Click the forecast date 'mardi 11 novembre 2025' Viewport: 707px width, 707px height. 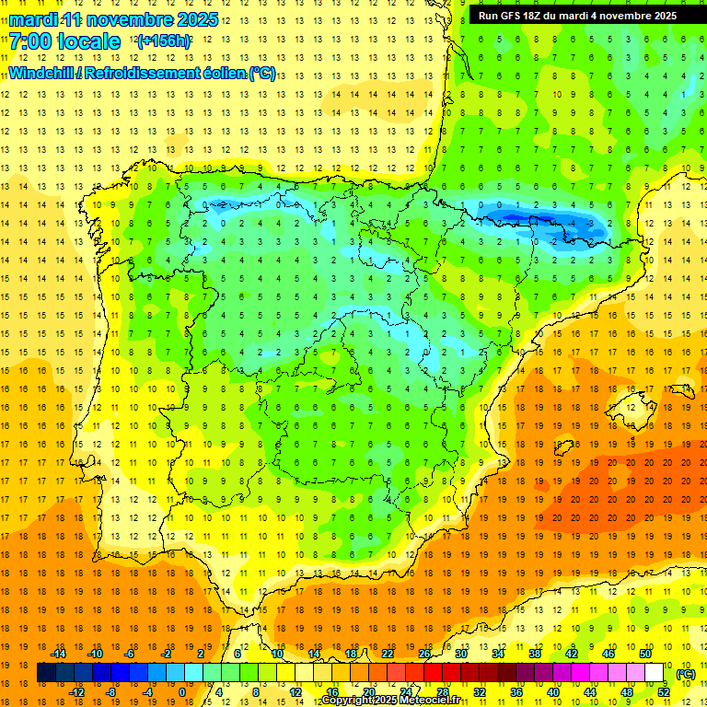114,19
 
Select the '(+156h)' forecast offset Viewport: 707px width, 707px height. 164,41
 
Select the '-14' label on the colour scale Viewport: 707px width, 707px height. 60,654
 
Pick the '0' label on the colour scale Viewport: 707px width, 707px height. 182,692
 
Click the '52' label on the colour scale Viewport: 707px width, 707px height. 664,692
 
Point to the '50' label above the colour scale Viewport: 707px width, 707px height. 645,654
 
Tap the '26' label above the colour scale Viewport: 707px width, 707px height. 424,654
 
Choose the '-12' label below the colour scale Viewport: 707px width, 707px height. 76,692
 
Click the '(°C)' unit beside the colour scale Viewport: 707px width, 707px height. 686,674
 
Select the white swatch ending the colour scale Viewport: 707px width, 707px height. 655,673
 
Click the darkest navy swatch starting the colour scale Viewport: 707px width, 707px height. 46,673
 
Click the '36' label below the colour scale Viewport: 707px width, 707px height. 516,692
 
